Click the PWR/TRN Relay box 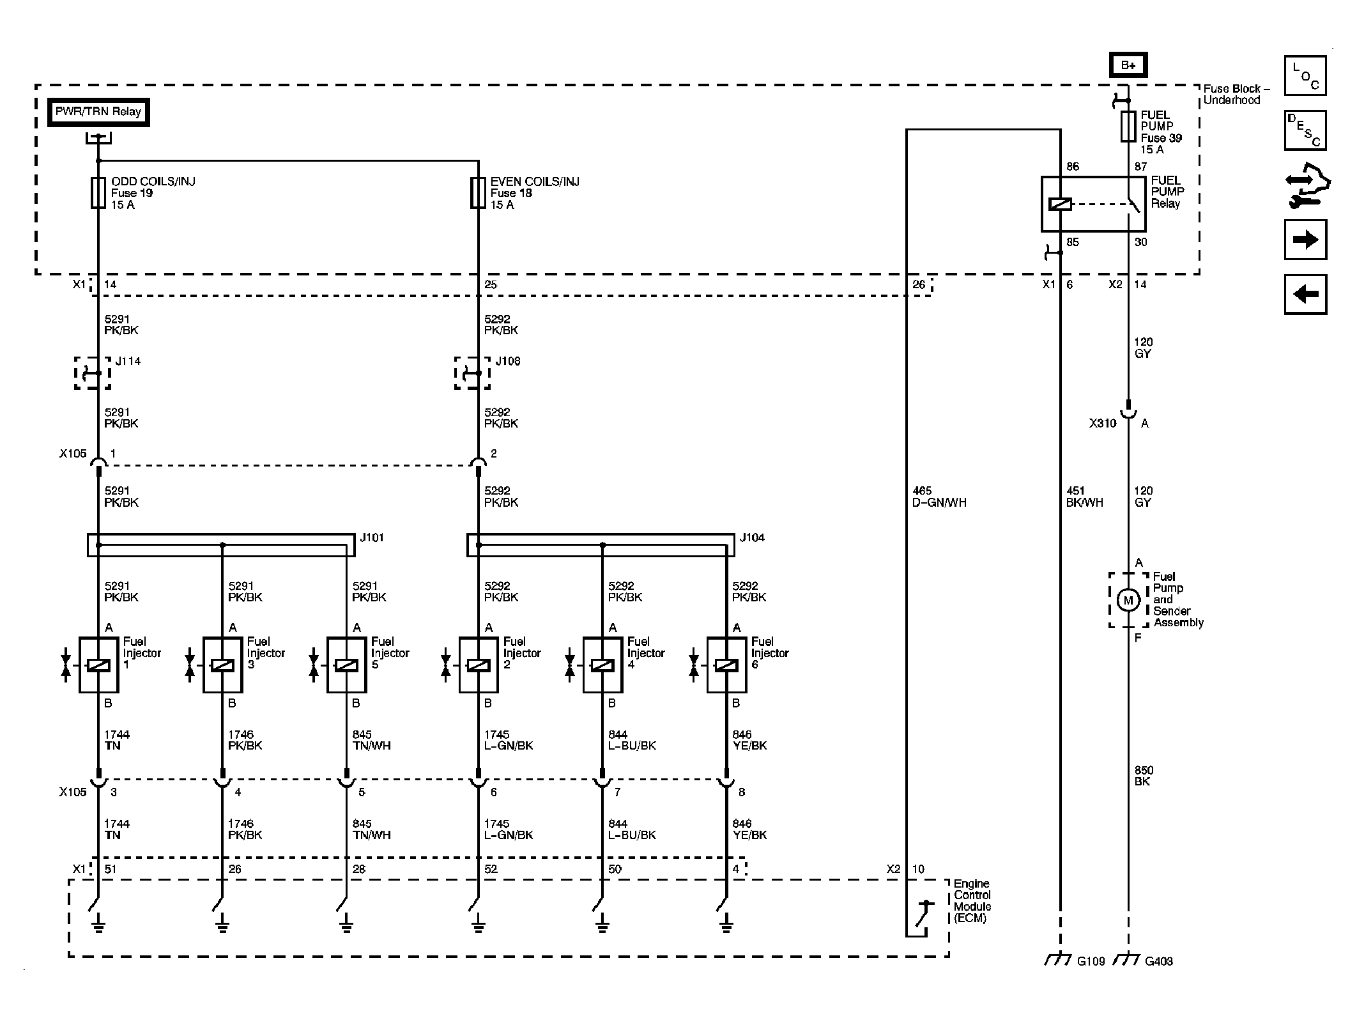coord(98,112)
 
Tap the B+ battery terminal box coord(1128,65)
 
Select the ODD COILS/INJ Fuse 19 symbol coord(98,193)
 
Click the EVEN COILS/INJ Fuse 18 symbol coord(478,193)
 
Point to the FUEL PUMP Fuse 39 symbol coord(1128,127)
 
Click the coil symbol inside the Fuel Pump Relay coord(1061,204)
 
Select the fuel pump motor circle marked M coord(1128,600)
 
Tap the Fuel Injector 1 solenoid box coord(98,665)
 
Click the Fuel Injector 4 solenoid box coord(602,665)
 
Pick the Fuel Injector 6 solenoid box coord(726,665)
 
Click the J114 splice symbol coord(93,373)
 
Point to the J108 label coord(508,361)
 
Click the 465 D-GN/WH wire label coord(939,497)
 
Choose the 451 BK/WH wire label coord(1085,497)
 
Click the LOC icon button coord(1305,75)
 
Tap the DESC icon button coord(1305,130)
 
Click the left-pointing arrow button coord(1305,295)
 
